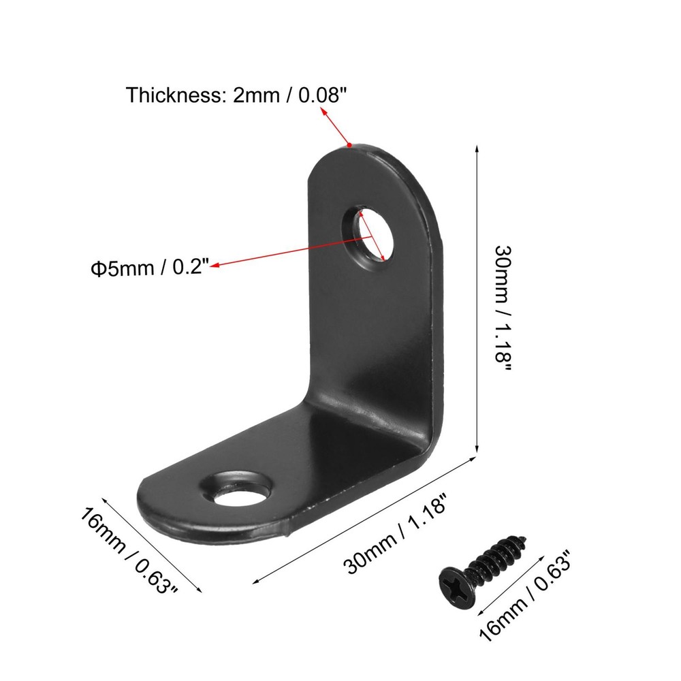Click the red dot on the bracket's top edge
(349, 145)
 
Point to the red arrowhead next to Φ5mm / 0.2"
(215, 266)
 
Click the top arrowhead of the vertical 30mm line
(476, 148)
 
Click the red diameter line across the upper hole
(373, 236)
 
